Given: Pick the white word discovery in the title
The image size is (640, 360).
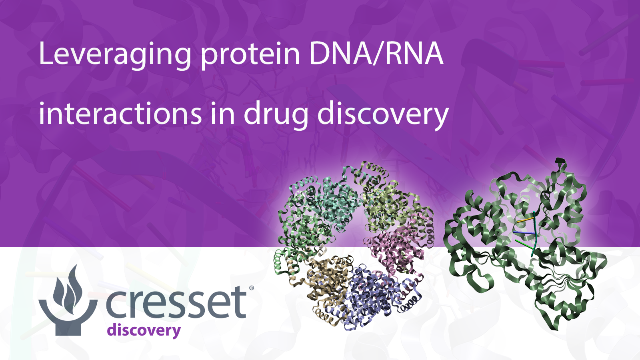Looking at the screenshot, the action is [382, 114].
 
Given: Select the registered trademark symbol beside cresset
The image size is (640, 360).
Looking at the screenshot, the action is [252, 288].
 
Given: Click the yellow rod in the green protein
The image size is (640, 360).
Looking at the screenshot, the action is [525, 220].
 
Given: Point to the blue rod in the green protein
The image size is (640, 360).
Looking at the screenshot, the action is [524, 232].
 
